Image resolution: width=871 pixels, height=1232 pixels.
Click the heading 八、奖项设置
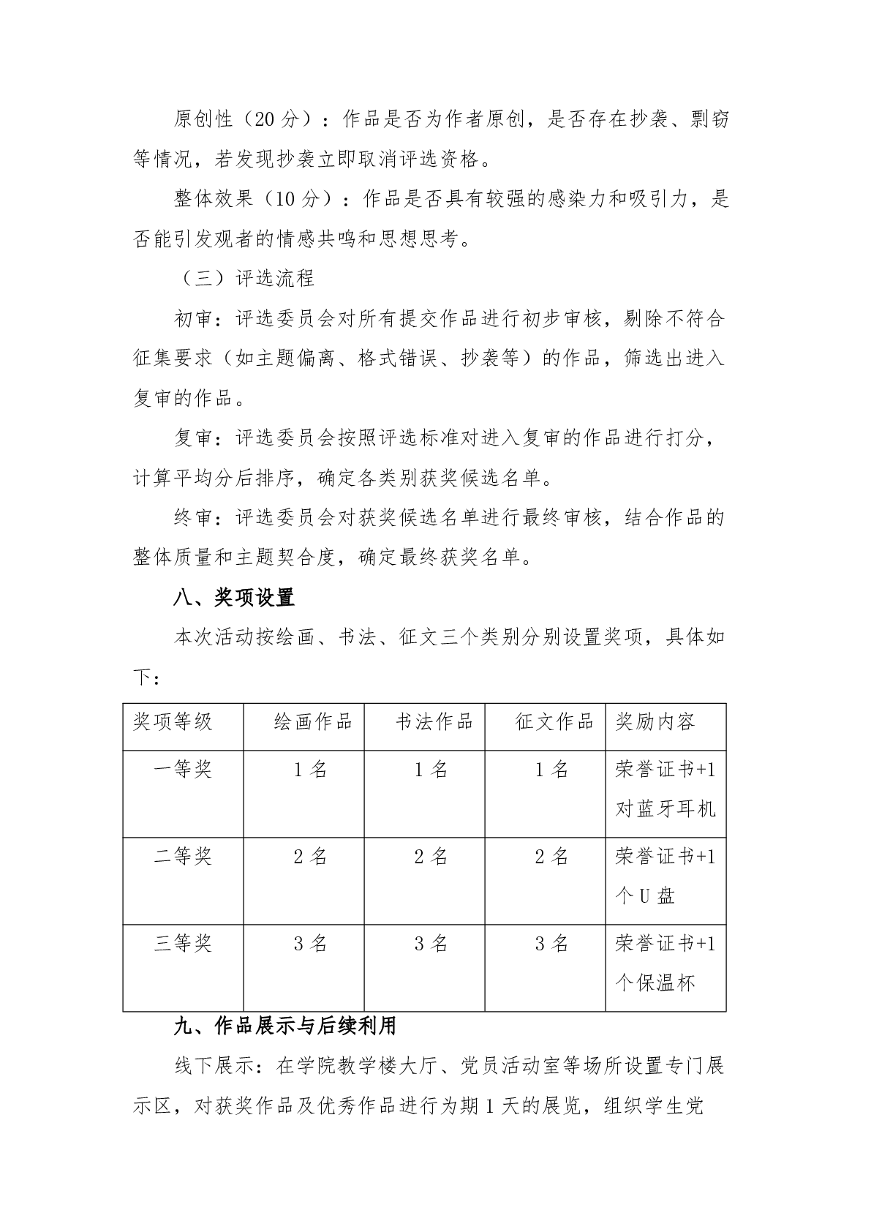point(234,598)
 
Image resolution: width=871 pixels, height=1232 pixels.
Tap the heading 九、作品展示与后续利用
point(285,1026)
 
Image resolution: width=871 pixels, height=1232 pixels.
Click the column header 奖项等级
point(173,721)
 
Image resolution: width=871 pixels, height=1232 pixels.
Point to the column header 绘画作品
point(313,721)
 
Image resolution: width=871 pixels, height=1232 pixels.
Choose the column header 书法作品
point(434,721)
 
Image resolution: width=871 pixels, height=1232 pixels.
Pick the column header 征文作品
point(554,721)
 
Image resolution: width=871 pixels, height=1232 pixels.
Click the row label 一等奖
point(183,769)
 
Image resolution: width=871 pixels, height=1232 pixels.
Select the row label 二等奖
point(183,856)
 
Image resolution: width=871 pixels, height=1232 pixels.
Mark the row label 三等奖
point(183,943)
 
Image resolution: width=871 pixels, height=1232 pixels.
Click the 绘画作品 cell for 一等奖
point(310,769)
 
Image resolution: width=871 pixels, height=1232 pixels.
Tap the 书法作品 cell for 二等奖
point(431,856)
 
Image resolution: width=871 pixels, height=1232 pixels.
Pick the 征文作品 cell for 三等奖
point(551,943)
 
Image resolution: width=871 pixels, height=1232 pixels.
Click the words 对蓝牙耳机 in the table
point(665,808)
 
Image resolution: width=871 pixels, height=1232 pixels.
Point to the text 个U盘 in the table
point(645,895)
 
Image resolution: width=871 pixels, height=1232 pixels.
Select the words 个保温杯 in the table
point(655,983)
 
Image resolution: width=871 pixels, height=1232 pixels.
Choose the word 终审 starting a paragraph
point(193,517)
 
